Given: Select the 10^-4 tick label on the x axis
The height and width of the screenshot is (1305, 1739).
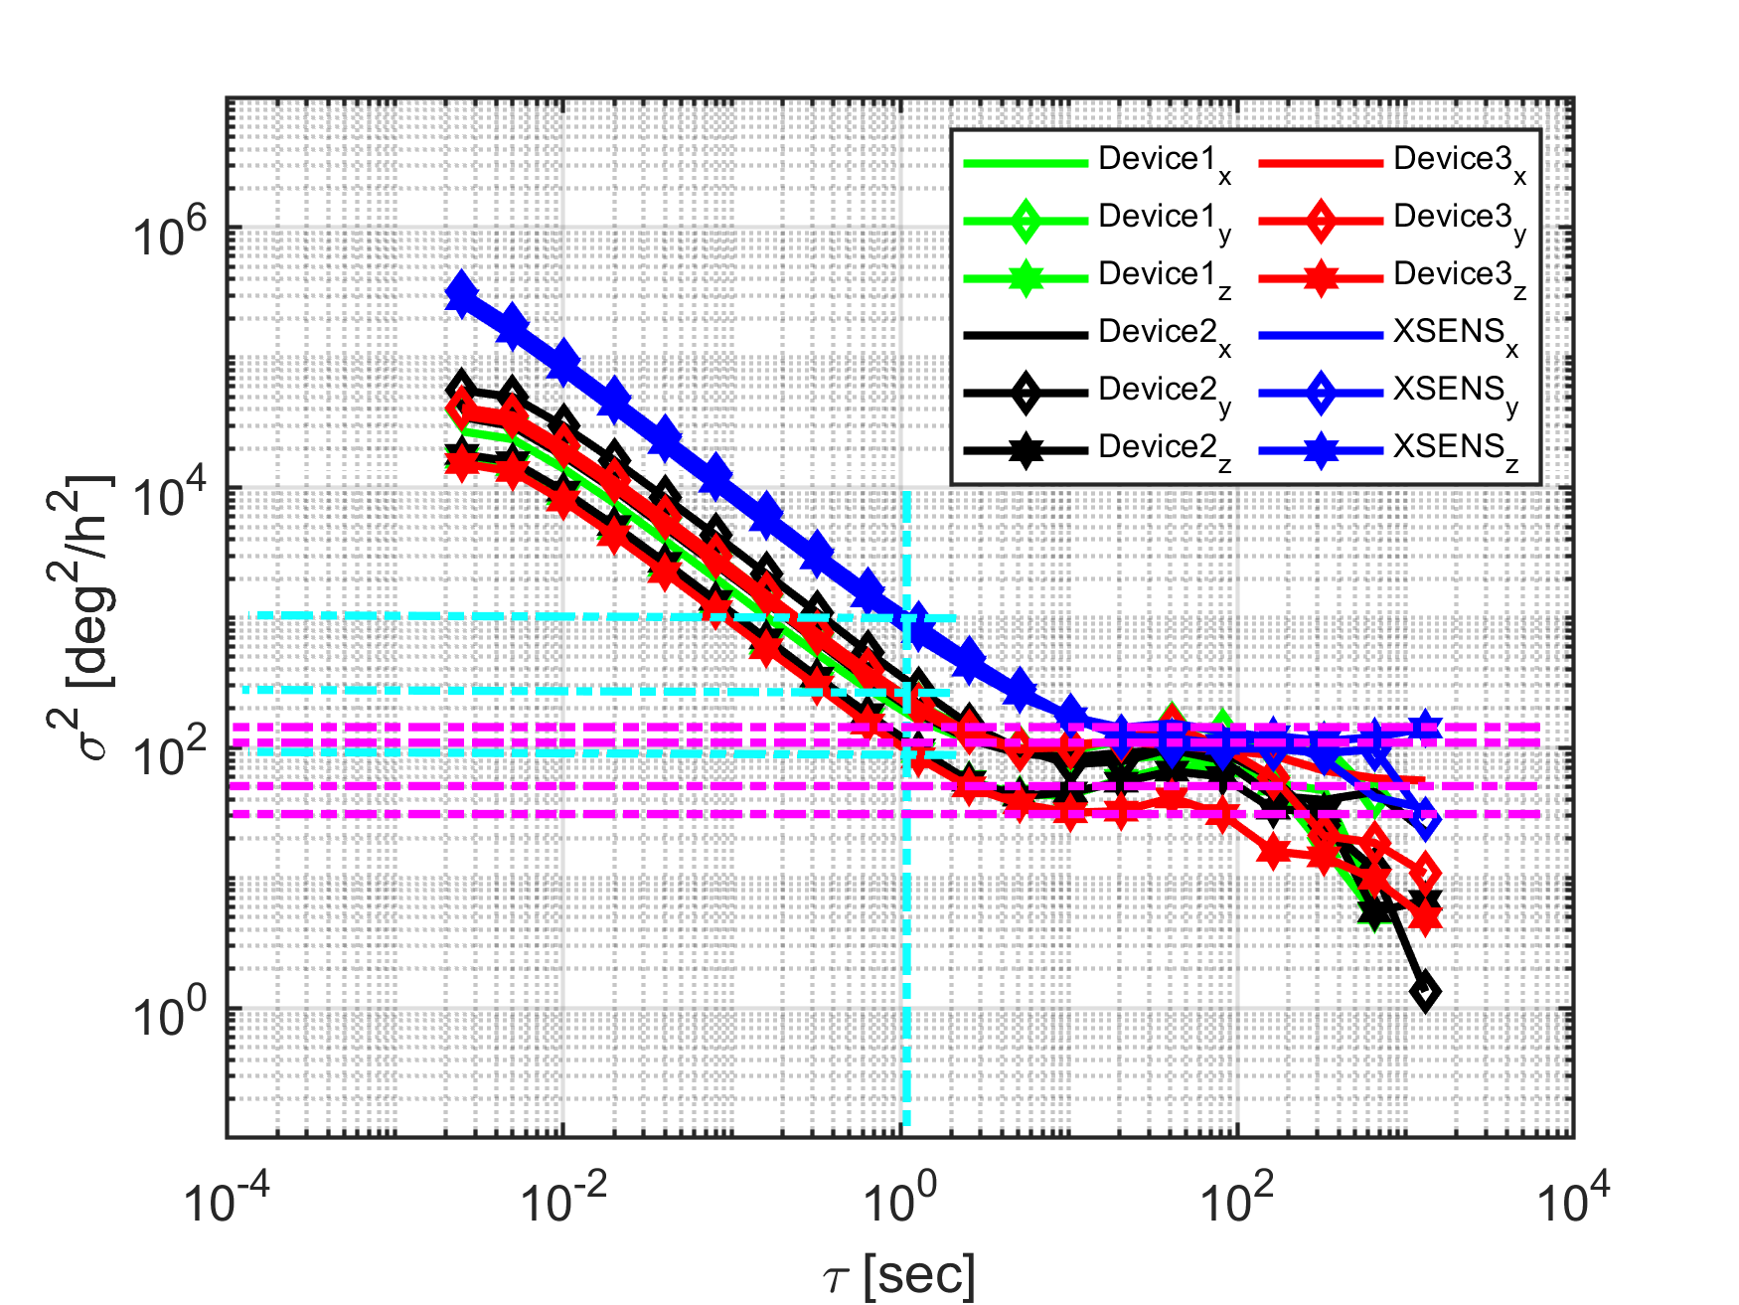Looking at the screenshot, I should click(x=228, y=1200).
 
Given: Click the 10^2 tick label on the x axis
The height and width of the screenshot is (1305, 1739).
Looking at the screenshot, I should click(x=1237, y=1200).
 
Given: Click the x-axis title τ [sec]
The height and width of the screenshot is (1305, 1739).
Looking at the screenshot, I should click(x=899, y=1274).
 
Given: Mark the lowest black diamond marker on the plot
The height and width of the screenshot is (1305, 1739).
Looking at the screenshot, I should click(x=1425, y=991).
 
